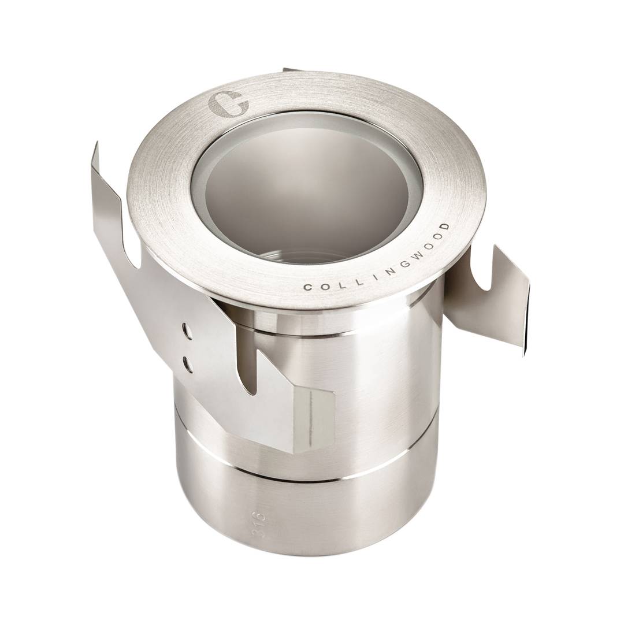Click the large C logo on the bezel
(228, 103)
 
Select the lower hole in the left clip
(186, 361)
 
